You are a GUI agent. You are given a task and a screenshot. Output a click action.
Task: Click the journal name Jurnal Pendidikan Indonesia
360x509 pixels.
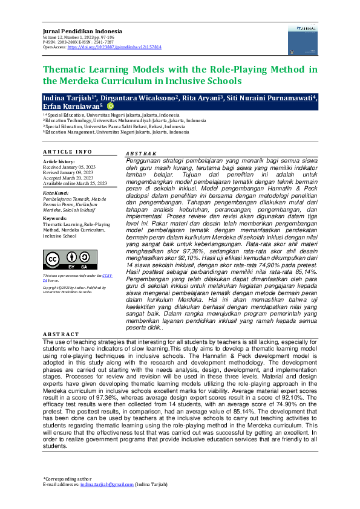[82, 30]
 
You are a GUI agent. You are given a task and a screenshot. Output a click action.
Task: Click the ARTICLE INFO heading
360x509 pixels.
[67, 151]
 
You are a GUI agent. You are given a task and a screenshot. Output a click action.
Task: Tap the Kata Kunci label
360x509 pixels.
[56, 193]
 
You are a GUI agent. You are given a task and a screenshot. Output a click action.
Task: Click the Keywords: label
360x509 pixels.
[55, 218]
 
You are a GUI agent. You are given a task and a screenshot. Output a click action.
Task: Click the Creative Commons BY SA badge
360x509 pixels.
[70, 260]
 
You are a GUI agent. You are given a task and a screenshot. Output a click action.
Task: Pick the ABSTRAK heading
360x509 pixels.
[140, 154]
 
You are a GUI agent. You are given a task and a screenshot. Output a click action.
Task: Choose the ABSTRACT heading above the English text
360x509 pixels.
[61, 334]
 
